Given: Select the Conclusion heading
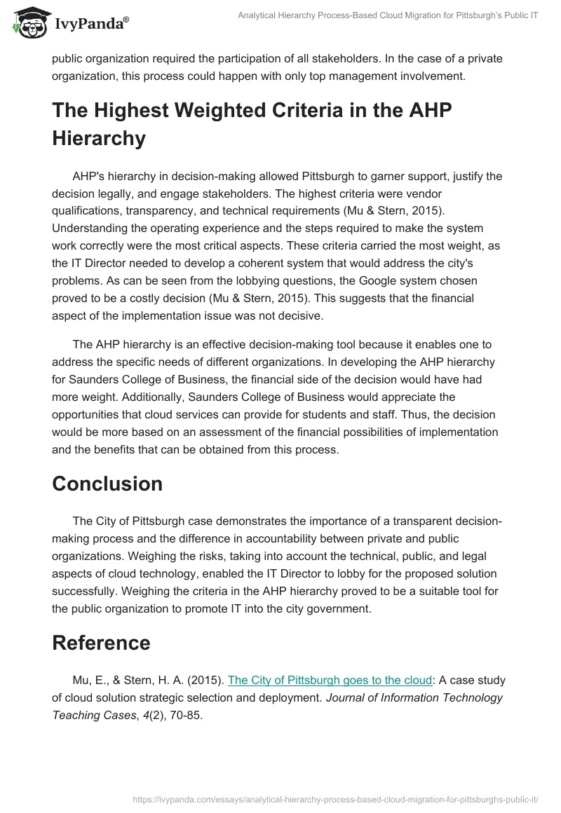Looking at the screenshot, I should pyautogui.click(x=107, y=484).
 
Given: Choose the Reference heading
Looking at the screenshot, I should pyautogui.click(x=101, y=643).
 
